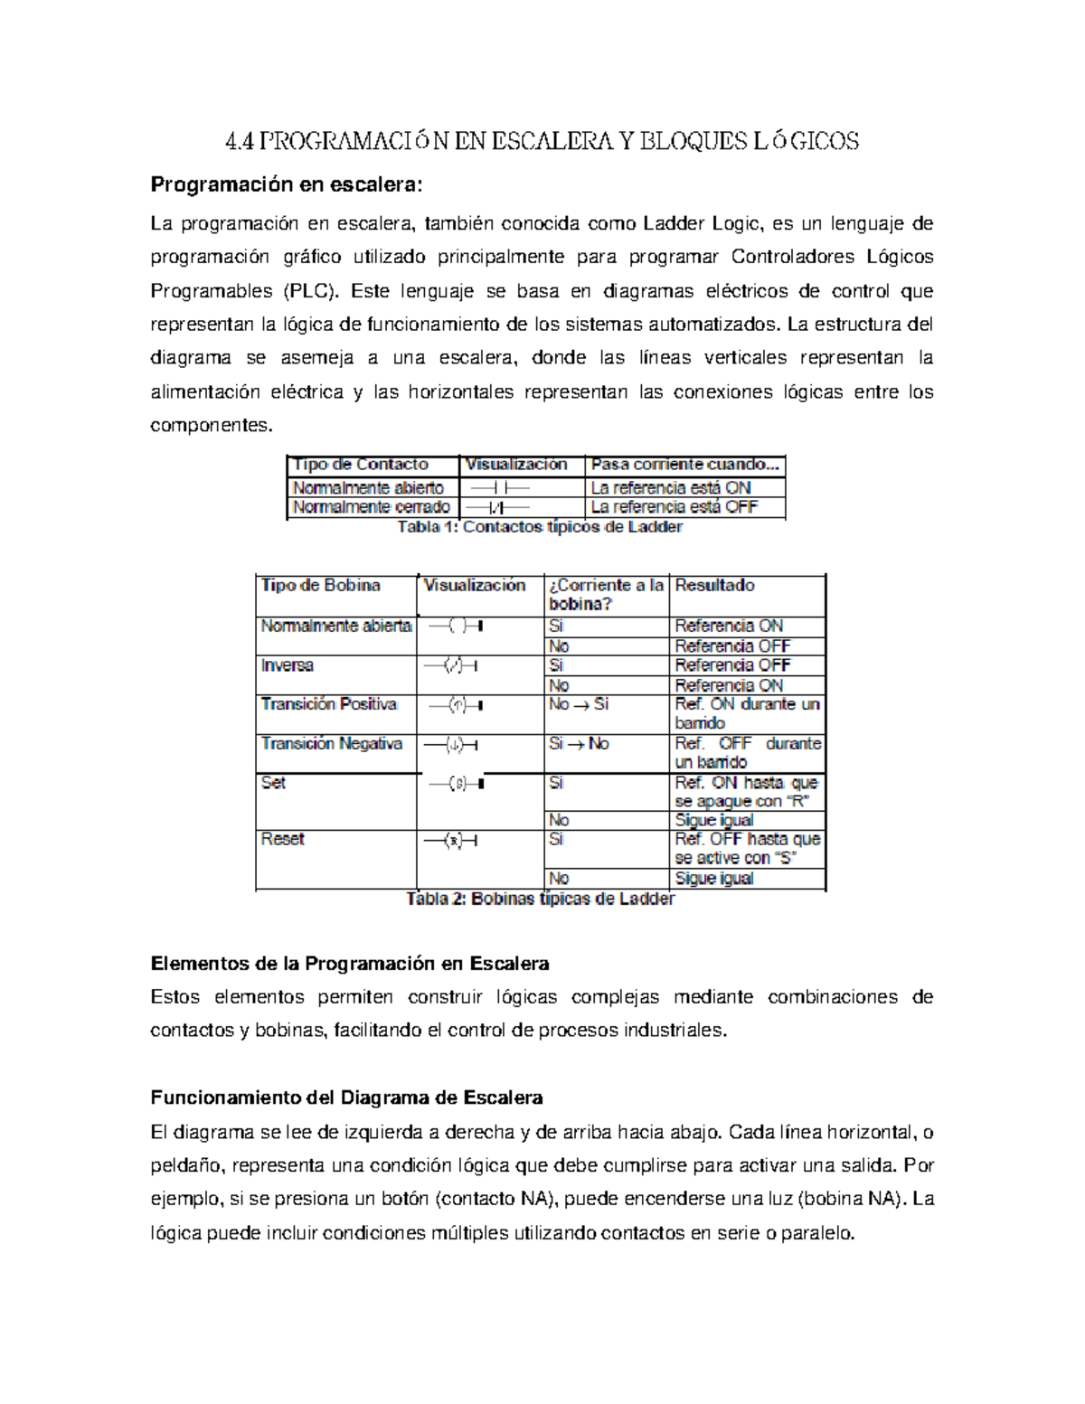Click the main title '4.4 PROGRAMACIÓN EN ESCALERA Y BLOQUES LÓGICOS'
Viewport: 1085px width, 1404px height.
pos(542,141)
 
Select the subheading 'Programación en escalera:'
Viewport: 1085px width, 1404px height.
pos(286,185)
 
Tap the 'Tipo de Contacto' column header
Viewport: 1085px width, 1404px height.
pos(360,465)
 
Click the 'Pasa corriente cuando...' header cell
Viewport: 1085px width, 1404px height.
pos(684,465)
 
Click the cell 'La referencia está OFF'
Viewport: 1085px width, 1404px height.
pos(674,507)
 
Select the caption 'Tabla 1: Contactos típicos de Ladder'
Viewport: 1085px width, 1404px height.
pos(540,527)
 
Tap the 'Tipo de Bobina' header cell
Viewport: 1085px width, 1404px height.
pos(320,586)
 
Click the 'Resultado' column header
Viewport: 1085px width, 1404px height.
pos(714,586)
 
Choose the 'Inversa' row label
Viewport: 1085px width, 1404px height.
pos(287,665)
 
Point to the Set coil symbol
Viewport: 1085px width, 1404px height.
pos(458,784)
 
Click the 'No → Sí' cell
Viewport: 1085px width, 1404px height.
pos(579,704)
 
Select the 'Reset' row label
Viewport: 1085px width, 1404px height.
pos(282,840)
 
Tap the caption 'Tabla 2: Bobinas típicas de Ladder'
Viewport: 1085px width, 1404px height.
pos(540,900)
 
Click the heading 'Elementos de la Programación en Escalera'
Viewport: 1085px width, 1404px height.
pos(349,964)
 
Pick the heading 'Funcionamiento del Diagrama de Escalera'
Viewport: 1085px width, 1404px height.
pos(346,1098)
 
